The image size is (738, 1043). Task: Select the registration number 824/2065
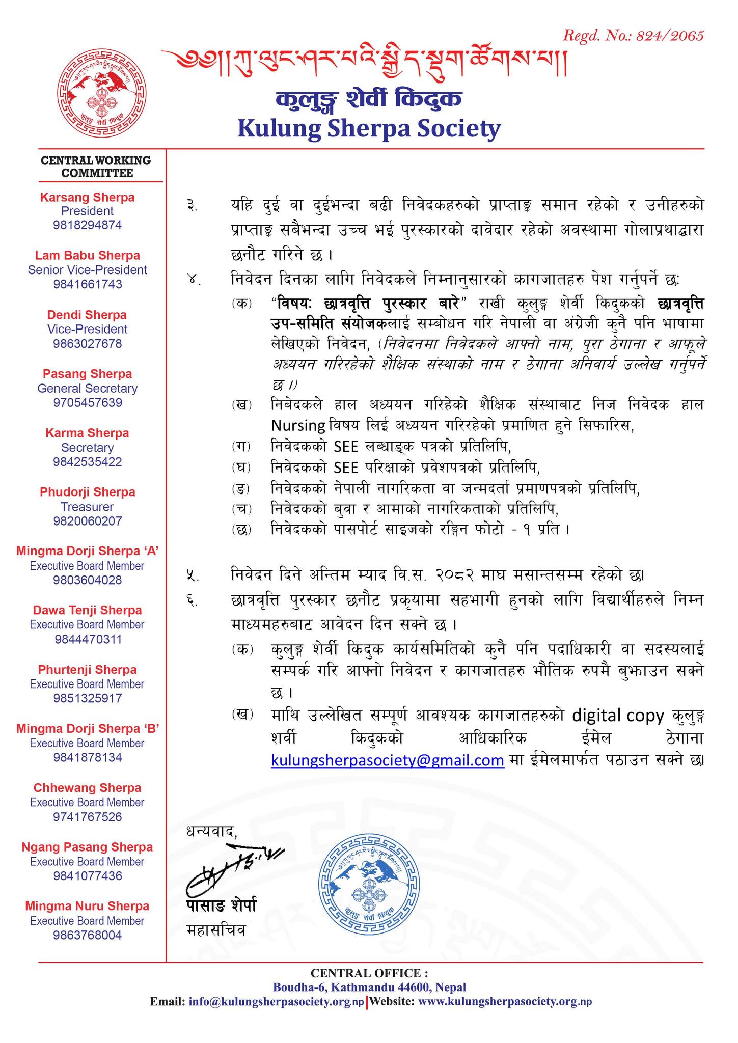click(x=633, y=35)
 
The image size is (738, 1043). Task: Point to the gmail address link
click(x=388, y=760)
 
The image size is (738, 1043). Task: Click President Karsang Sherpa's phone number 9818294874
click(x=88, y=225)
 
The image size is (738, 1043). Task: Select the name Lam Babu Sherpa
click(x=88, y=255)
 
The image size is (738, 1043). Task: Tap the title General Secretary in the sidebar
click(x=88, y=388)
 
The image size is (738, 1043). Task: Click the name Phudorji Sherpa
click(x=88, y=492)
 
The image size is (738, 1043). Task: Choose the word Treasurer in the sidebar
click(x=88, y=507)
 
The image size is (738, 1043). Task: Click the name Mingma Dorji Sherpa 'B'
click(x=88, y=729)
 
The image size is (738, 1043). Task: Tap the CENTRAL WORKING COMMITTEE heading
click(x=96, y=167)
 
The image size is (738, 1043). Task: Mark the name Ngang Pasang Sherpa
click(x=88, y=847)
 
